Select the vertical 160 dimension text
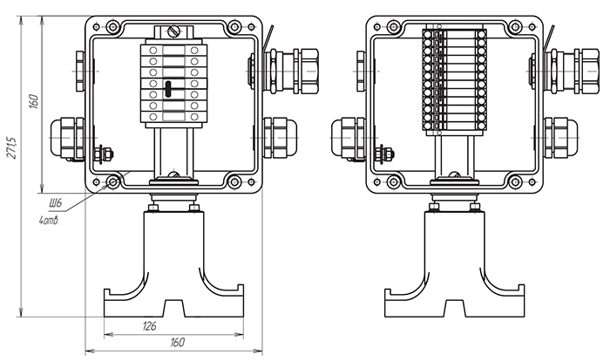(33, 101)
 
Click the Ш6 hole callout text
(56, 203)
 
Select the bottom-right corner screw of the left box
(234, 182)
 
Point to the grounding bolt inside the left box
(105, 155)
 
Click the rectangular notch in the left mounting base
(173, 307)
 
